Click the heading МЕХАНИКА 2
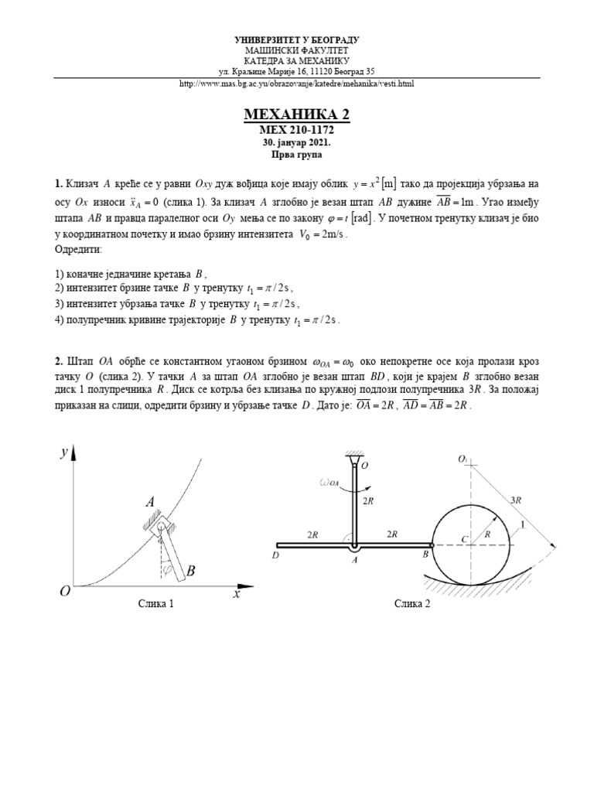pyautogui.click(x=297, y=115)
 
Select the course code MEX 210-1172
pyautogui.click(x=297, y=131)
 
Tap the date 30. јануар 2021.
pyautogui.click(x=297, y=144)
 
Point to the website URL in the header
pyautogui.click(x=297, y=84)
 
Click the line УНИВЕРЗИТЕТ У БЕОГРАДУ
pyautogui.click(x=297, y=39)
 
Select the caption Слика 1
pyautogui.click(x=156, y=604)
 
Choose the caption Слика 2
pyautogui.click(x=412, y=604)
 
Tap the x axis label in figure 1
pyautogui.click(x=237, y=594)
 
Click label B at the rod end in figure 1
pyautogui.click(x=191, y=572)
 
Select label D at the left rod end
pyautogui.click(x=276, y=555)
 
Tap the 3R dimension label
pyautogui.click(x=516, y=500)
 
